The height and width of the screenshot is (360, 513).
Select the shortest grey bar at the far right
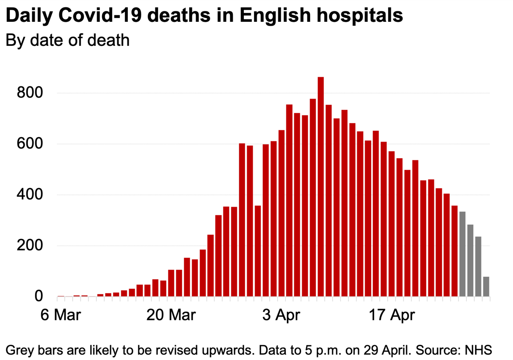point(486,287)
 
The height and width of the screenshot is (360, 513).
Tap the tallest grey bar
point(463,254)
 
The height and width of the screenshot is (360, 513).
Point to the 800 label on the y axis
point(29,93)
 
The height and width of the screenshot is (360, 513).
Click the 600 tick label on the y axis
point(29,144)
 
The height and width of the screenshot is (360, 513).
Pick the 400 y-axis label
point(29,195)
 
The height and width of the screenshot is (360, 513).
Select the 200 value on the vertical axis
point(29,246)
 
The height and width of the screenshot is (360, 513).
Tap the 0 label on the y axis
point(39,297)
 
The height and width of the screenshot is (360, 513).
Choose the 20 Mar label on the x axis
point(171,314)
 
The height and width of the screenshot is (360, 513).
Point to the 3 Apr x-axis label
point(281,314)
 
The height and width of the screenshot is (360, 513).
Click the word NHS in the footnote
point(479,349)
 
